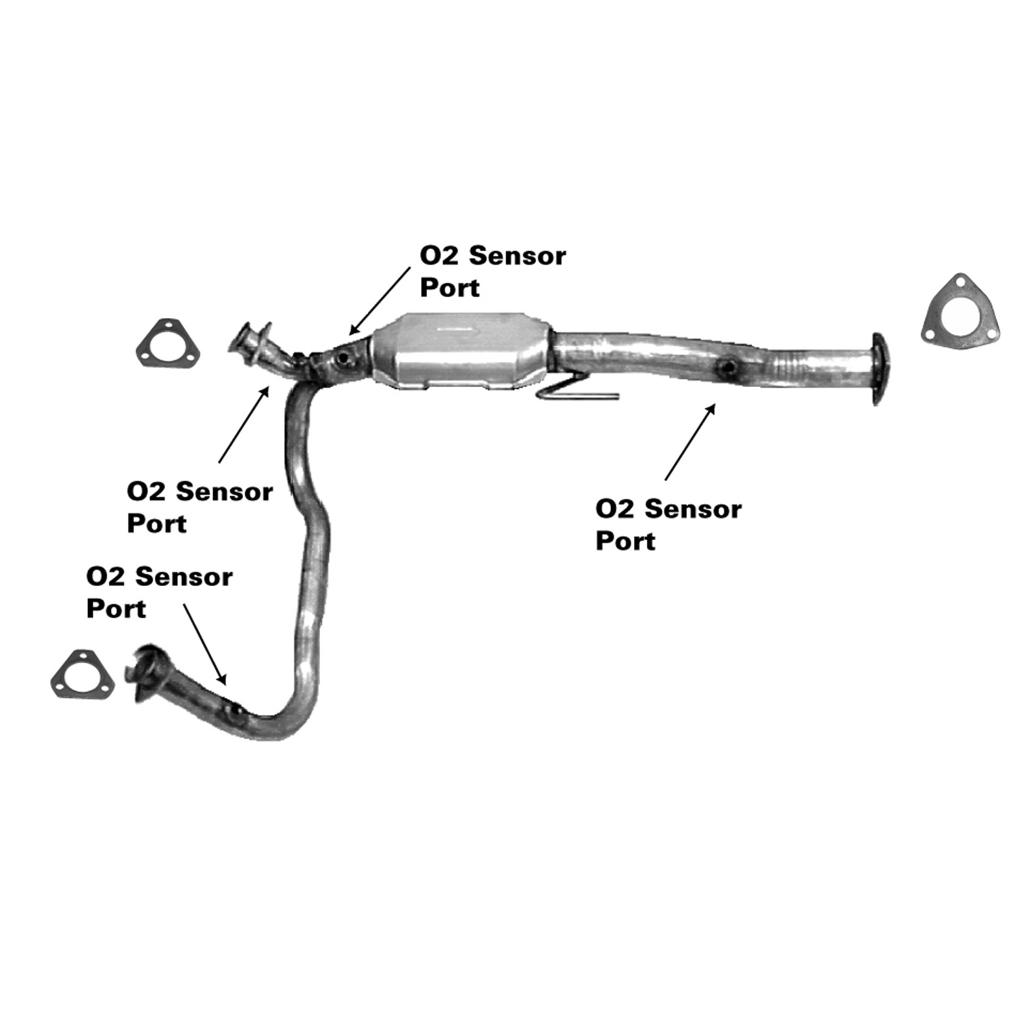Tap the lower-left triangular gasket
click(83, 675)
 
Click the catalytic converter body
click(460, 351)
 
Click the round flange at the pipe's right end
click(877, 369)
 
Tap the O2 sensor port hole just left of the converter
click(346, 357)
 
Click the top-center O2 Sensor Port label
click(493, 271)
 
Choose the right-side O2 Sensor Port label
click(669, 524)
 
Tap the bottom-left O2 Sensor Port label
click(159, 592)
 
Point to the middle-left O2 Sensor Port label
click(200, 507)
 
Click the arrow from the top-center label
click(380, 300)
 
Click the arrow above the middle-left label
click(244, 424)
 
